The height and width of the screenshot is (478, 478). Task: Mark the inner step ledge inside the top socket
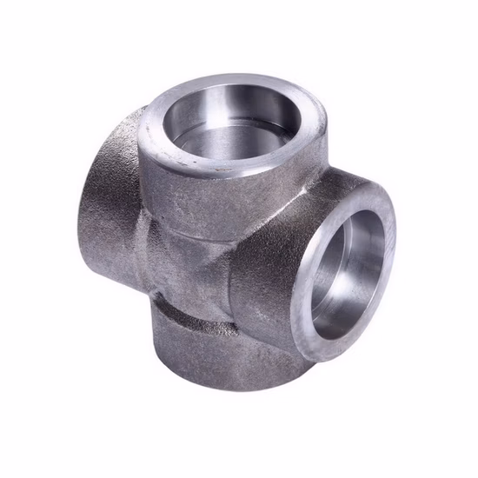[x=228, y=139]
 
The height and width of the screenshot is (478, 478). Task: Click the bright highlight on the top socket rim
[x=156, y=130]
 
